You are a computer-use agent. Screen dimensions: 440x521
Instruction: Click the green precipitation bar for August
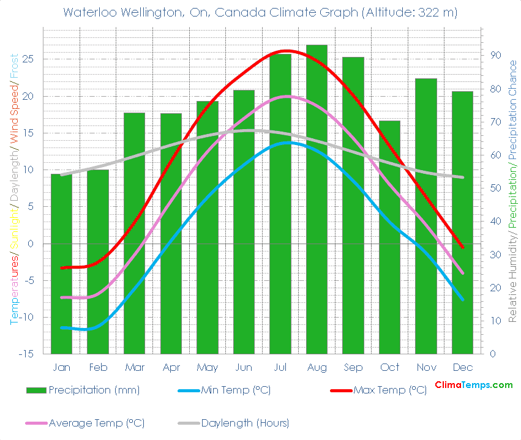pyautogui.click(x=317, y=202)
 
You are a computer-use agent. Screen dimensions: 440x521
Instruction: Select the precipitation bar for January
pyautogui.click(x=61, y=263)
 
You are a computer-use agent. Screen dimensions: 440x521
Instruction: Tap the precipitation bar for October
pyautogui.click(x=389, y=239)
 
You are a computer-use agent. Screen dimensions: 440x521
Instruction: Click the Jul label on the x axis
pyautogui.click(x=280, y=367)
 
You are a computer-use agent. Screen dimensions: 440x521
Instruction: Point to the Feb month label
pyautogui.click(x=98, y=367)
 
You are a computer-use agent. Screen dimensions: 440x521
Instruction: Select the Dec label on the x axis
pyautogui.click(x=462, y=367)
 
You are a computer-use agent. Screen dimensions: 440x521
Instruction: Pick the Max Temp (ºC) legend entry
pyautogui.click(x=389, y=390)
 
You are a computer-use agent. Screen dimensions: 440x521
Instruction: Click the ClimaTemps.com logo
pyautogui.click(x=473, y=385)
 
